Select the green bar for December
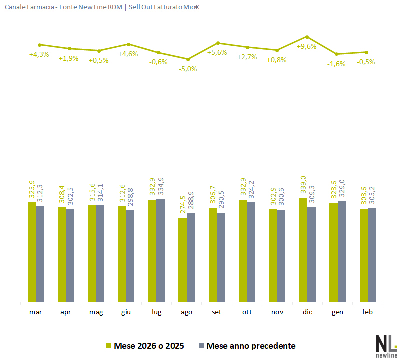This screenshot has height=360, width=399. (303, 250)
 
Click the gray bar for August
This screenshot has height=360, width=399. (191, 258)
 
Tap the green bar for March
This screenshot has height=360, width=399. (32, 252)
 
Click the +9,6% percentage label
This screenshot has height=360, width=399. (307, 46)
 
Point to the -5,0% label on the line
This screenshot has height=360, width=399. (188, 69)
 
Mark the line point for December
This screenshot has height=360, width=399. (307, 37)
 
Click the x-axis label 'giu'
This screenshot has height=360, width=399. (126, 312)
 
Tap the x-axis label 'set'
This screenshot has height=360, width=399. (217, 312)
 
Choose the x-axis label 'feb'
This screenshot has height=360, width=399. (367, 312)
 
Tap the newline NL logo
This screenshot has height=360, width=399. (386, 345)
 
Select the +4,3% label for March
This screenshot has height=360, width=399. (39, 54)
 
